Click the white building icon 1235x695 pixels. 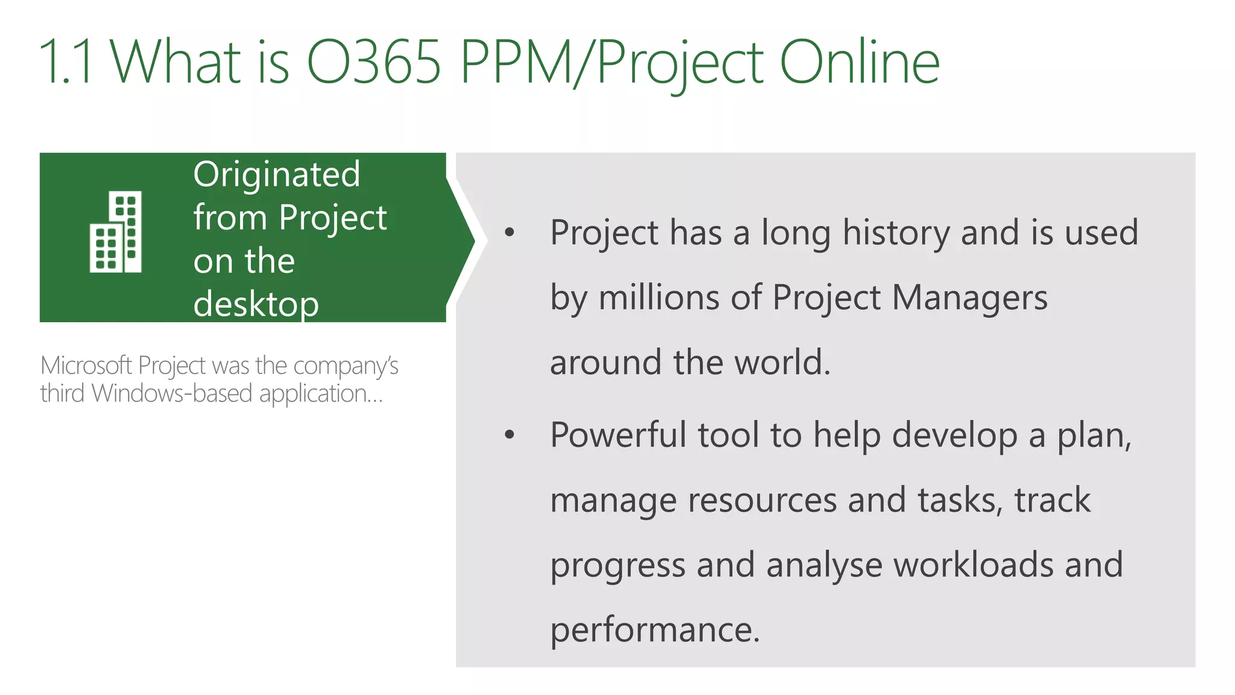(x=116, y=232)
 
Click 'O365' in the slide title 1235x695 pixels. (x=374, y=62)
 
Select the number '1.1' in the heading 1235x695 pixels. (x=66, y=62)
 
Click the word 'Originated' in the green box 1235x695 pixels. (x=277, y=174)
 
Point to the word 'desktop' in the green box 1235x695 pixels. (x=256, y=303)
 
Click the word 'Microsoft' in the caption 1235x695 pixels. (x=86, y=366)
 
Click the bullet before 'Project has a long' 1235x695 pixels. (x=510, y=232)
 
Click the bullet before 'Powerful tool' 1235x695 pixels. (x=510, y=434)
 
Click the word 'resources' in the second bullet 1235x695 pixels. (x=762, y=500)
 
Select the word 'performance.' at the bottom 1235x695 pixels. (x=655, y=630)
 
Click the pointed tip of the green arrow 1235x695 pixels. (x=473, y=241)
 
